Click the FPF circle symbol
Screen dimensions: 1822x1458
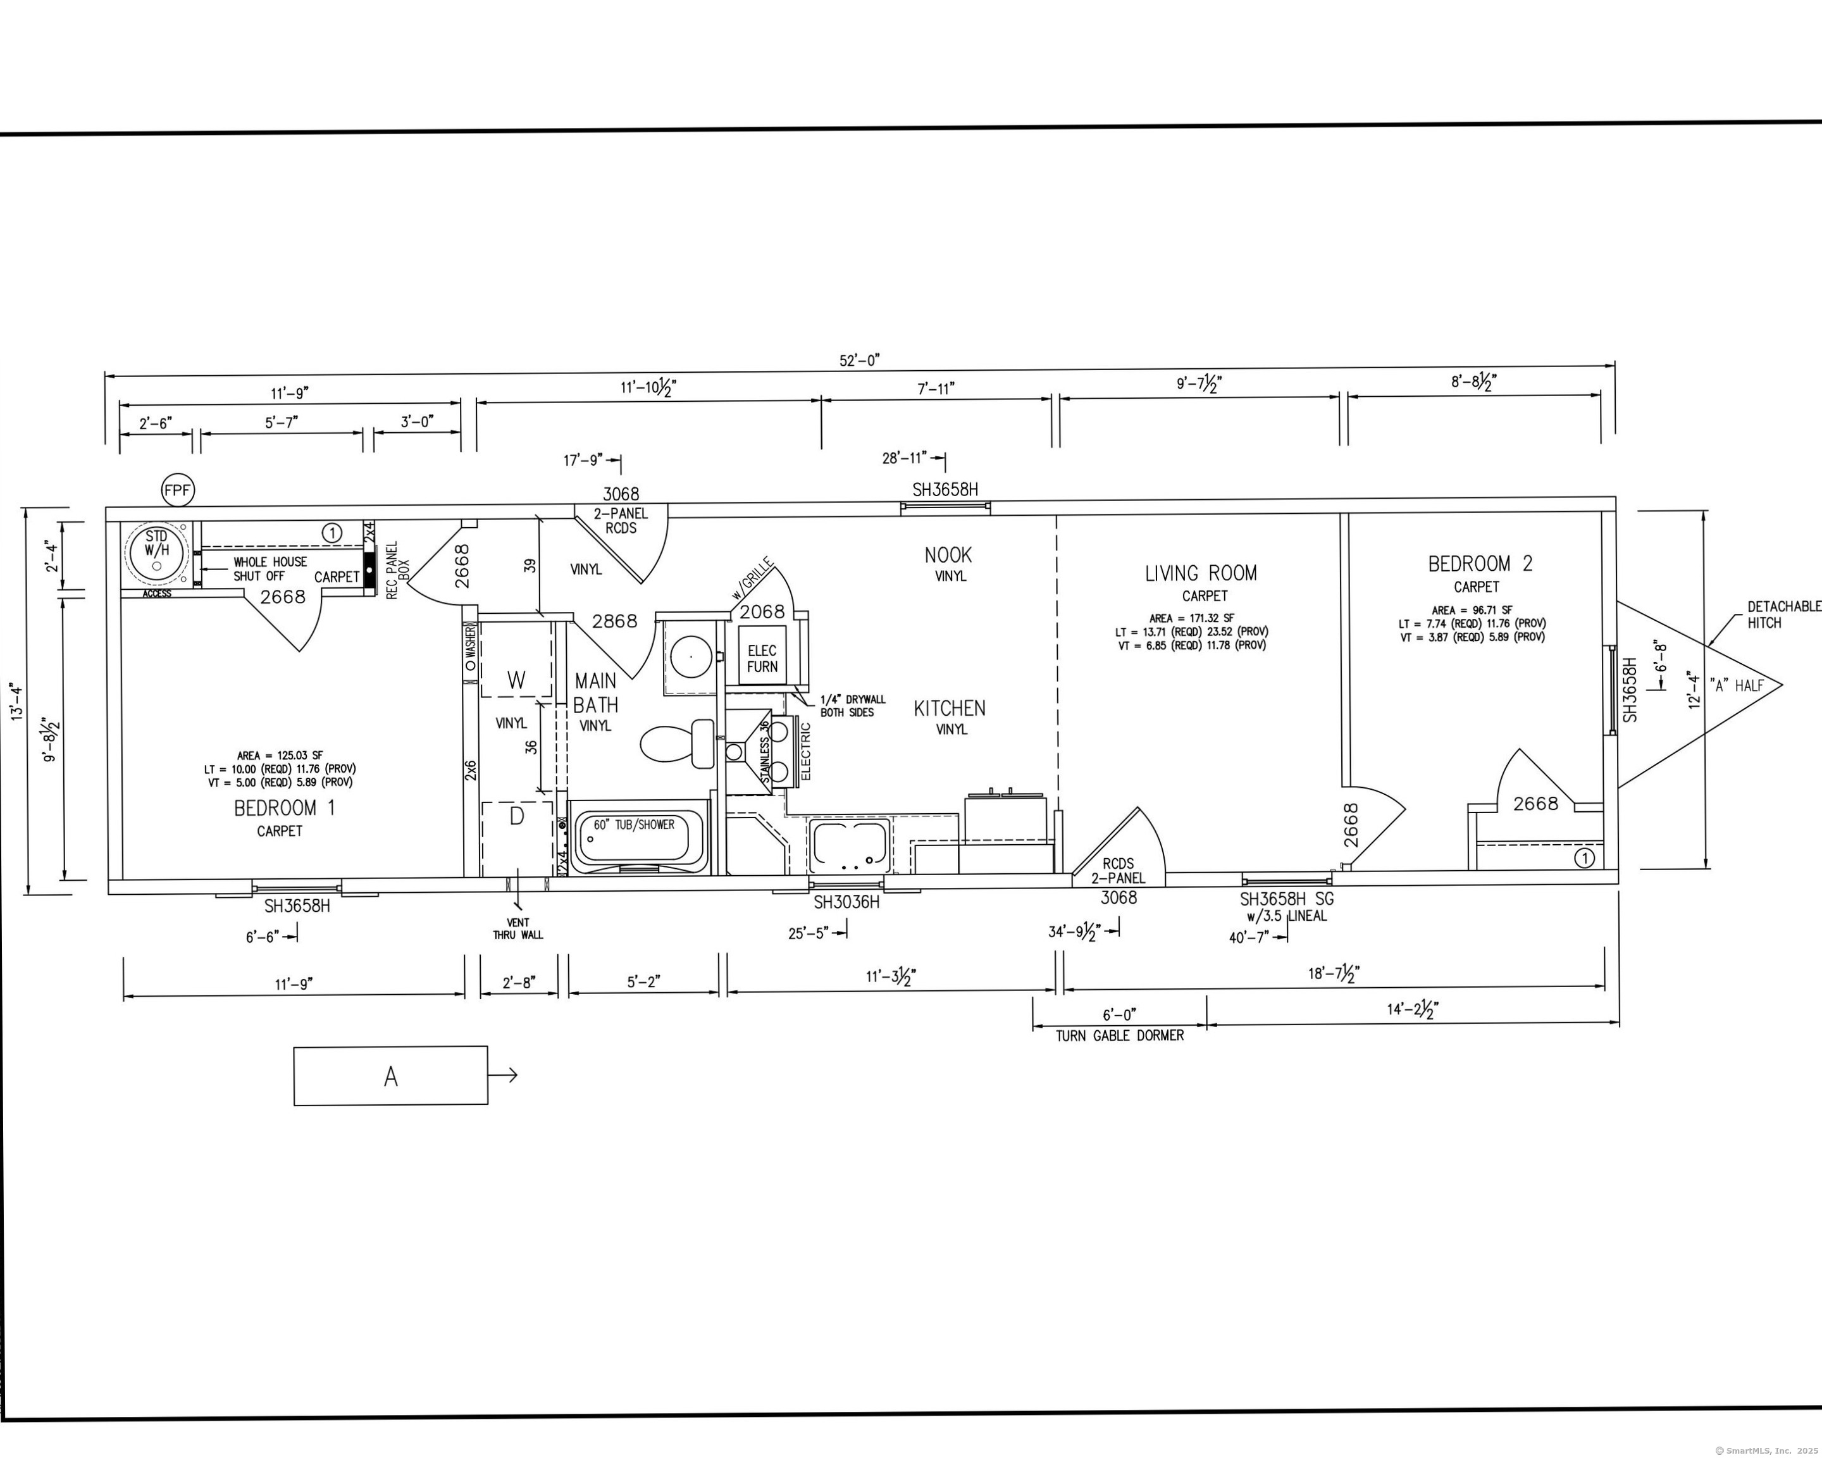[178, 490]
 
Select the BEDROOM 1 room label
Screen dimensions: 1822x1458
[284, 808]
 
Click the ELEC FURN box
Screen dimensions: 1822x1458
[762, 657]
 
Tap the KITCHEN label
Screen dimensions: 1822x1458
[949, 708]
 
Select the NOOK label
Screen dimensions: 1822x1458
[948, 556]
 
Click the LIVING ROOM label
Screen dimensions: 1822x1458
[1201, 573]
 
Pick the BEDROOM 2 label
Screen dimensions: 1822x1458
[1480, 564]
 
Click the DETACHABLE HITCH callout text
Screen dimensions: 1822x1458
[1783, 614]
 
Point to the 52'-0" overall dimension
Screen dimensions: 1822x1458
[860, 360]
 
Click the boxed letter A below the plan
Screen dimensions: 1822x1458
[390, 1076]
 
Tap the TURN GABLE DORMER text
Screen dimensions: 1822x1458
[1120, 1035]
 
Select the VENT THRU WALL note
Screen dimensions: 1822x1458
[518, 929]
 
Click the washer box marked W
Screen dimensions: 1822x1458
[516, 660]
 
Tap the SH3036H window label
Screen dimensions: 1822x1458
[846, 902]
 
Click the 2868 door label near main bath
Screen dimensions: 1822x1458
[614, 621]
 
